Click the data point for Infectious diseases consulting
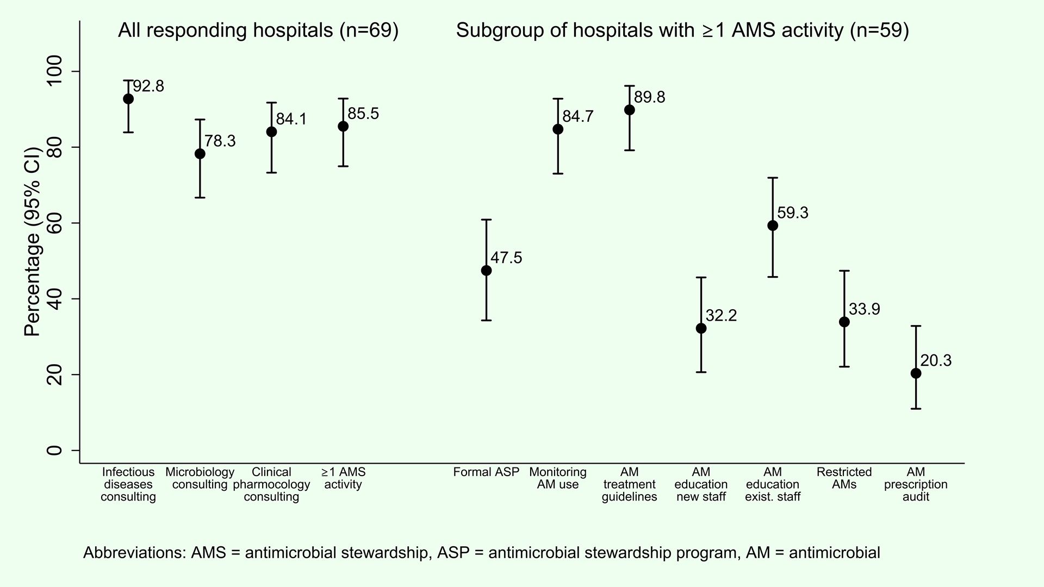tap(128, 99)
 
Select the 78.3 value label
tap(220, 141)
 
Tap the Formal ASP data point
tap(486, 270)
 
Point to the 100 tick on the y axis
tap(55, 71)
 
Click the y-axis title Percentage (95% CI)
tap(33, 241)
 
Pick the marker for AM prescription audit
tap(916, 373)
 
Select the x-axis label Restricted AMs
tap(844, 478)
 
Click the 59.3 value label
tap(793, 213)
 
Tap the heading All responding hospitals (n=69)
tap(258, 31)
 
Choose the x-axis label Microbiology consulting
tap(200, 478)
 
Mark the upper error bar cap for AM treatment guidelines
tap(629, 86)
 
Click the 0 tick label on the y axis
tap(55, 450)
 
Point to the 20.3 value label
tap(936, 361)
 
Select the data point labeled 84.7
tap(558, 129)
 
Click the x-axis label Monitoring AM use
tap(558, 478)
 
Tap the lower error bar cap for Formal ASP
tap(486, 320)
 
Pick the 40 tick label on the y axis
tap(55, 298)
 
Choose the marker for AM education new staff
tap(701, 328)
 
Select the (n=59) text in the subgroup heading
tap(880, 31)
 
